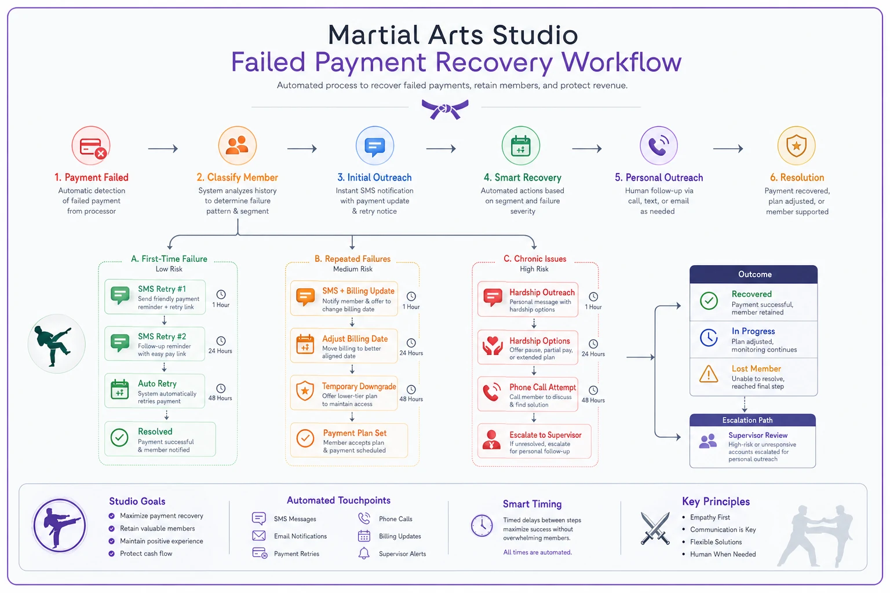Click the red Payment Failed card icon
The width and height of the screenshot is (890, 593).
91,146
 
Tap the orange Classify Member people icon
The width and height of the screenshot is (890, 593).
237,146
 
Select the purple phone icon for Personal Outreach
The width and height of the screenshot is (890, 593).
658,146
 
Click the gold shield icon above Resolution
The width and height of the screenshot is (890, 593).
796,146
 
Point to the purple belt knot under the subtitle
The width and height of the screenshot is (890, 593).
445,109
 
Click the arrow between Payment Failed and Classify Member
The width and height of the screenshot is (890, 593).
163,149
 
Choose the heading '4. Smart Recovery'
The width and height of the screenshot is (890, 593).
522,178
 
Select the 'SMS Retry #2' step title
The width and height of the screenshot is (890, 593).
162,336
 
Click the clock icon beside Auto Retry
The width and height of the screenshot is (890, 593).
221,389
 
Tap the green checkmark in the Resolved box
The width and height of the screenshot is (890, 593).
119,437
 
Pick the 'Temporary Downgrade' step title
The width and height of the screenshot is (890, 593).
359,386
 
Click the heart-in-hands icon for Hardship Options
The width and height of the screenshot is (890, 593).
493,346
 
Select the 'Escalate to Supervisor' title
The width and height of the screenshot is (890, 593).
545,435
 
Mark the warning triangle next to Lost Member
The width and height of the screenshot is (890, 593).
709,374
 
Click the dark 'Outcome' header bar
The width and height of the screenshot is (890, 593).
753,274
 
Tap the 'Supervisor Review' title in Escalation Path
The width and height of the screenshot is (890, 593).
758,435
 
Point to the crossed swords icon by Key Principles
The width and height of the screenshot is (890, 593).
655,528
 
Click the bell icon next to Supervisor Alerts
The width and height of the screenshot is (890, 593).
364,553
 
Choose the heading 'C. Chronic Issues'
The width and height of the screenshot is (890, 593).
535,259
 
